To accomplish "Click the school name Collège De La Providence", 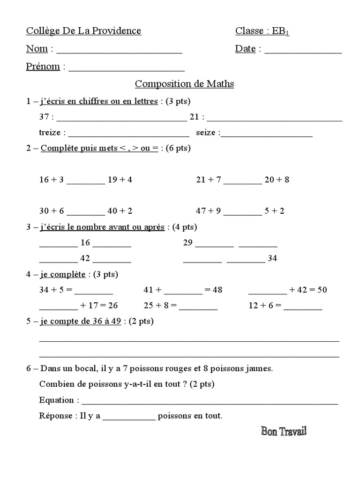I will coord(83,31).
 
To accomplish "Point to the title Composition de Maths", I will coord(184,84).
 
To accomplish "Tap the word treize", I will coord(50,133).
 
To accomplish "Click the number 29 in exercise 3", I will coord(187,243).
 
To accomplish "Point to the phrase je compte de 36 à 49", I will coord(81,321).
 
